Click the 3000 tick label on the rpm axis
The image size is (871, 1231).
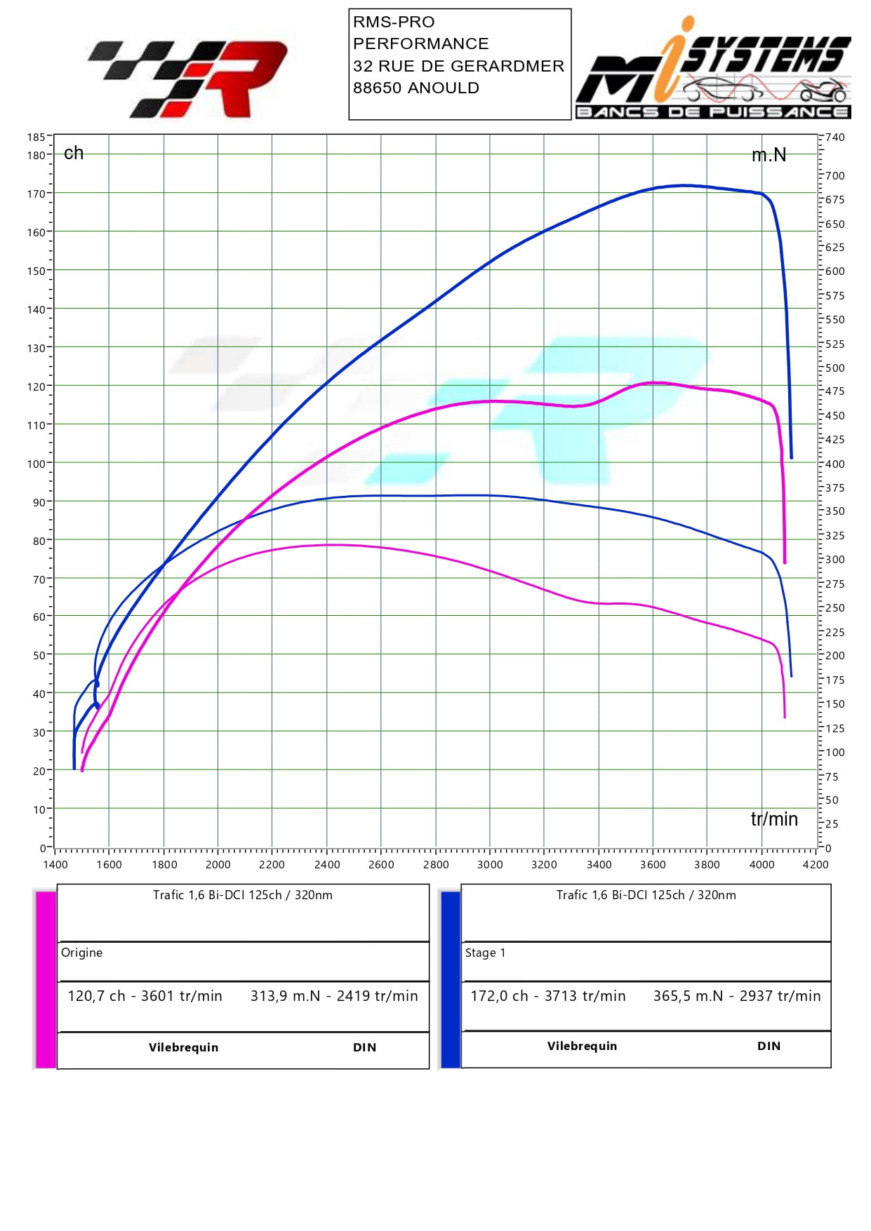pyautogui.click(x=490, y=864)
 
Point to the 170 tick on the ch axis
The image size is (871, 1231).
pyautogui.click(x=35, y=194)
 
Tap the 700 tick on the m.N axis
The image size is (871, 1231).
pyautogui.click(x=835, y=175)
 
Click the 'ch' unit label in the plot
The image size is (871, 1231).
pyautogui.click(x=74, y=153)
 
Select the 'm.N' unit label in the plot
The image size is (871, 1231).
pyautogui.click(x=769, y=155)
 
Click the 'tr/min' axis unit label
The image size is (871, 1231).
pyautogui.click(x=774, y=819)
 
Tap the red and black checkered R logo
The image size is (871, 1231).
pyautogui.click(x=188, y=79)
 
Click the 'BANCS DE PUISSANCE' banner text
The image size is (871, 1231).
pyautogui.click(x=712, y=112)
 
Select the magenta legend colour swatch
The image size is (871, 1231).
pyautogui.click(x=46, y=979)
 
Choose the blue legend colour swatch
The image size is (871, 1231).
pyautogui.click(x=450, y=979)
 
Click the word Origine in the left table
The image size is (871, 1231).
pyautogui.click(x=82, y=953)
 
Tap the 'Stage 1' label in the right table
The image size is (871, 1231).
pyautogui.click(x=485, y=953)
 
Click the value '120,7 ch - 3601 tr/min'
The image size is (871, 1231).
pyautogui.click(x=145, y=996)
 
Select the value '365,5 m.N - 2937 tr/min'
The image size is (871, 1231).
pyautogui.click(x=736, y=996)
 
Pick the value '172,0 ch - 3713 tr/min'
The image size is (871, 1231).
pyautogui.click(x=547, y=996)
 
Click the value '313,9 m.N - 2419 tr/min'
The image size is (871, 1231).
pyautogui.click(x=334, y=996)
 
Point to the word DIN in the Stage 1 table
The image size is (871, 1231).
pyautogui.click(x=769, y=1046)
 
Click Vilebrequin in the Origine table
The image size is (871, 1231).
pyautogui.click(x=183, y=1047)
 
